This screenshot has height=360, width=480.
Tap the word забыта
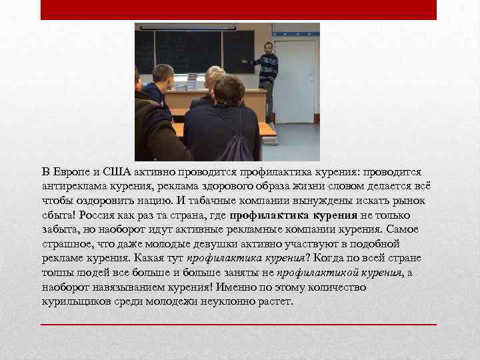click(x=59, y=229)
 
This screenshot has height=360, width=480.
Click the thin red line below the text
click(x=239, y=324)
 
